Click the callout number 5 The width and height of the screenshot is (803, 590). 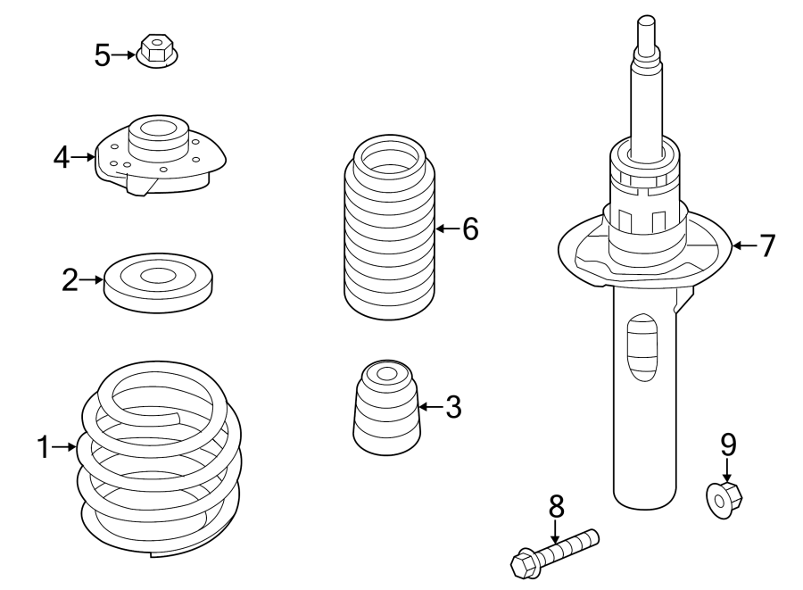[103, 55]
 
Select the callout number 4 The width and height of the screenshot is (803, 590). [61, 158]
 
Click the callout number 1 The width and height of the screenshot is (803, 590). [43, 446]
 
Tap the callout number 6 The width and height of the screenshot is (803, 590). [470, 229]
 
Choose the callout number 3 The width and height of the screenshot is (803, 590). [453, 408]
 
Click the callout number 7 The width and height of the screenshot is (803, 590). [767, 245]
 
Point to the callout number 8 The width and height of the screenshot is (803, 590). [556, 507]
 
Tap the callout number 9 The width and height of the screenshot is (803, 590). [728, 444]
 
